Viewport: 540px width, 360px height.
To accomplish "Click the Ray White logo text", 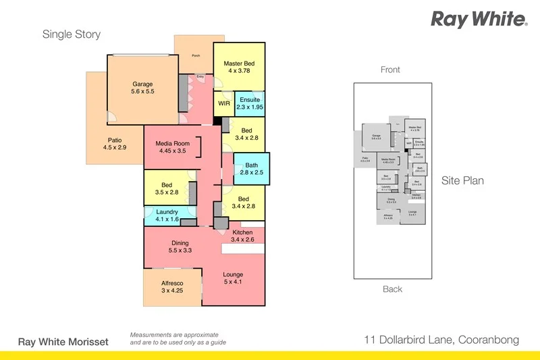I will click(479, 19).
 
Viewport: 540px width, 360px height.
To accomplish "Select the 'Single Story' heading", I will click(72, 34).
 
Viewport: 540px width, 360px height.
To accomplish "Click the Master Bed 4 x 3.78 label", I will click(240, 68).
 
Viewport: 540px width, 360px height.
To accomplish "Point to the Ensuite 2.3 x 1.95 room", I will click(250, 103).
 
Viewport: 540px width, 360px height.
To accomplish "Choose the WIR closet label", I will click(223, 104).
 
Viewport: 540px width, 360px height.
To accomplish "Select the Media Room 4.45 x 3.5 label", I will click(172, 147).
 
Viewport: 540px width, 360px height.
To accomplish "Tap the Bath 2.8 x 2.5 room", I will click(252, 168).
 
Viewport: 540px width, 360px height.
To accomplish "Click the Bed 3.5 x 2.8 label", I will click(166, 188).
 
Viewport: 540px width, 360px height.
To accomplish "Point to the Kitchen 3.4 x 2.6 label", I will click(242, 236).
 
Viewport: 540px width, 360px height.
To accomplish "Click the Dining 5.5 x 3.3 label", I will click(180, 247).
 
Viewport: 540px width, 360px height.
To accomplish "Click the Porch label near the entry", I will click(196, 55).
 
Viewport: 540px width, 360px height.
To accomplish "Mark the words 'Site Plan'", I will click(462, 181).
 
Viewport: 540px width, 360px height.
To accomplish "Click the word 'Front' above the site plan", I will click(390, 70).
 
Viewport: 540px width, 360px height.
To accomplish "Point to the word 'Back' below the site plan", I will click(392, 289).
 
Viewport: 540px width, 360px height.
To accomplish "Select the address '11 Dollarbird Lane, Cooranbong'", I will click(441, 340).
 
